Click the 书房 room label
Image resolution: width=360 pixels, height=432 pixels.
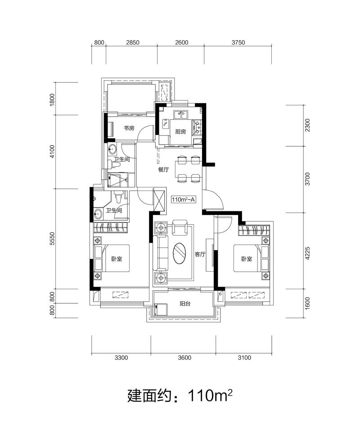pyautogui.click(x=129, y=128)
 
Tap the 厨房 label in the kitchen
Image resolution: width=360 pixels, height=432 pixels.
pyautogui.click(x=180, y=132)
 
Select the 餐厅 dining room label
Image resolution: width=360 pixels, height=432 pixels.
pyautogui.click(x=163, y=170)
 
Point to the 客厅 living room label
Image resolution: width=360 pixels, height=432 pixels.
pyautogui.click(x=200, y=254)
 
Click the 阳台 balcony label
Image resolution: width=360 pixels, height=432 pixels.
pyautogui.click(x=185, y=304)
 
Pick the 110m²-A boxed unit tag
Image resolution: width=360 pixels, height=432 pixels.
pyautogui.click(x=183, y=200)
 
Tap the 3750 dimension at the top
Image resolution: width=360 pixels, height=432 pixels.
pyautogui.click(x=238, y=42)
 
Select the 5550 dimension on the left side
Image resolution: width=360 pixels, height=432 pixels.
pyautogui.click(x=53, y=239)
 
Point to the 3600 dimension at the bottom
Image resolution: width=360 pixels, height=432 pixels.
pyautogui.click(x=184, y=358)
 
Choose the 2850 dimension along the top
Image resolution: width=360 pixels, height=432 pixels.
pyautogui.click(x=133, y=42)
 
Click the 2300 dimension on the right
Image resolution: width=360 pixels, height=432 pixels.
pyautogui.click(x=307, y=125)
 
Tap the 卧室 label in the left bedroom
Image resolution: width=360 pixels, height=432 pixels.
pyautogui.click(x=117, y=259)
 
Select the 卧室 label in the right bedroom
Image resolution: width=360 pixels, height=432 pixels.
pyautogui.click(x=247, y=259)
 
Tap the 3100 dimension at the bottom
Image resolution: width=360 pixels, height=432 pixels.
pyautogui.click(x=244, y=358)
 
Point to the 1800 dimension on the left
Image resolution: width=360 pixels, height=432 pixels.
pyautogui.click(x=53, y=99)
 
